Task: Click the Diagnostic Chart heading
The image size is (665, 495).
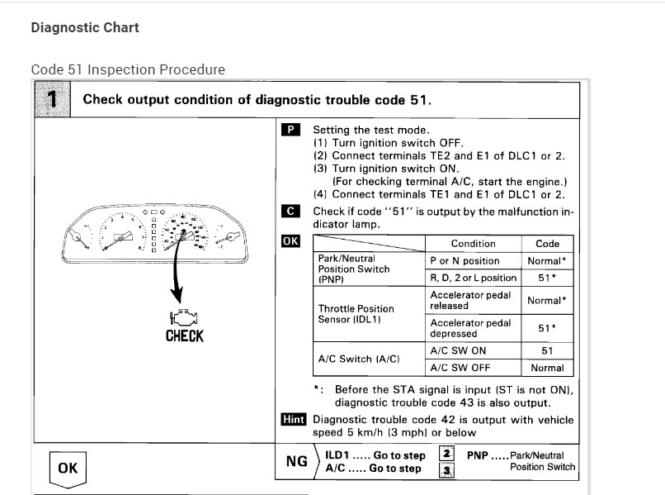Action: point(85,27)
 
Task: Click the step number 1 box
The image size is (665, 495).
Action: point(52,100)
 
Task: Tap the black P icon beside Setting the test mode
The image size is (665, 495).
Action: point(290,130)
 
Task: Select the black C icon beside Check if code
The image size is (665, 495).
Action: point(290,212)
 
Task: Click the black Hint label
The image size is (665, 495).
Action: point(293,419)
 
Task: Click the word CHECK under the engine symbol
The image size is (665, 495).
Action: point(184,336)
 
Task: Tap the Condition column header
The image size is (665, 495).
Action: point(473,244)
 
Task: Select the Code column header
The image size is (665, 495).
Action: point(547,244)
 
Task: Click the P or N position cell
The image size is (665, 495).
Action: point(465,260)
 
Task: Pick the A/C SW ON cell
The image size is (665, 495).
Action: point(460,351)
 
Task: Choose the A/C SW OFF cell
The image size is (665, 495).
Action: point(461,368)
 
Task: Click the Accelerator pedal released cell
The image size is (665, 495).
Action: point(470,300)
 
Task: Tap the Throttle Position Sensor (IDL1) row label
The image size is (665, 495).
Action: point(356,314)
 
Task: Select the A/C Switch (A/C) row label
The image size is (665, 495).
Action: point(359,359)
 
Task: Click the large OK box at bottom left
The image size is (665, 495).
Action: point(67,469)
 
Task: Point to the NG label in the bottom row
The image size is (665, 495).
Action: point(297,461)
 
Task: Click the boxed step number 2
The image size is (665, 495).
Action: point(446,454)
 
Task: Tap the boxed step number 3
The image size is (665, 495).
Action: point(446,470)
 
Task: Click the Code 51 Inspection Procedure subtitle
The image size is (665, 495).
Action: point(128,69)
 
